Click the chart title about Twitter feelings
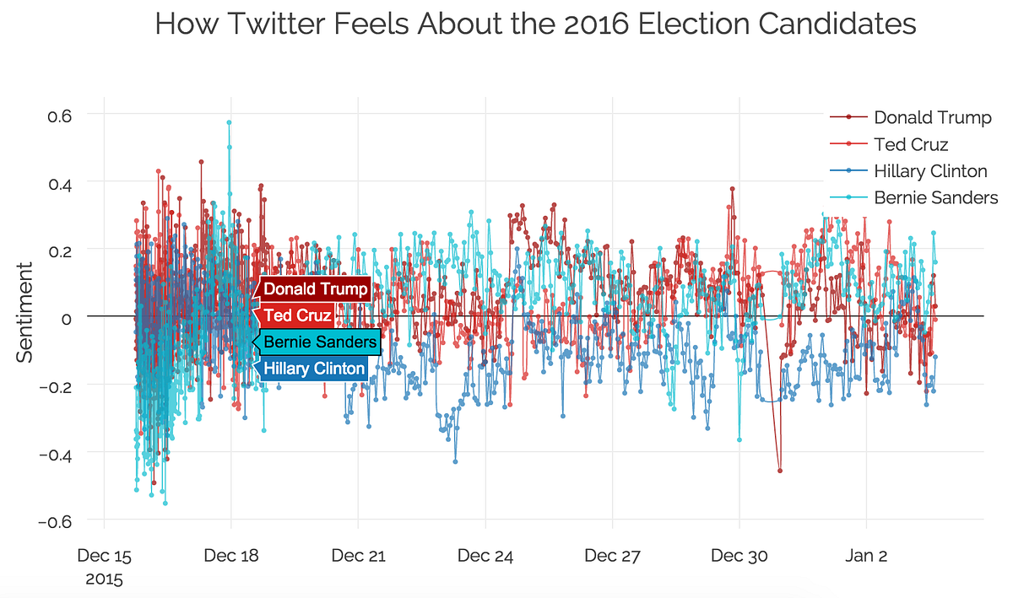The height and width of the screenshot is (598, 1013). pyautogui.click(x=535, y=24)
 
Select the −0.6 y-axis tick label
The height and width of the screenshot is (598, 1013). pyautogui.click(x=59, y=520)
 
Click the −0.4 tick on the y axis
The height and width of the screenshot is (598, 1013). pyautogui.click(x=59, y=453)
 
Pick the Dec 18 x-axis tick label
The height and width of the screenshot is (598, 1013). pyautogui.click(x=231, y=556)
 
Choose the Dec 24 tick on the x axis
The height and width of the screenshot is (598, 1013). pyautogui.click(x=485, y=556)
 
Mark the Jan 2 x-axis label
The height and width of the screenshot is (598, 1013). pyautogui.click(x=867, y=556)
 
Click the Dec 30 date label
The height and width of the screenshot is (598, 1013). pyautogui.click(x=739, y=556)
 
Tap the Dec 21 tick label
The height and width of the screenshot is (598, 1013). pyautogui.click(x=358, y=556)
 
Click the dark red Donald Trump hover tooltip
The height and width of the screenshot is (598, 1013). pyautogui.click(x=315, y=289)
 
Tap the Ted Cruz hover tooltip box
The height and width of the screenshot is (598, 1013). pyautogui.click(x=296, y=315)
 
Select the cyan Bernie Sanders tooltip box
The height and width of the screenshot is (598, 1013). pyautogui.click(x=320, y=342)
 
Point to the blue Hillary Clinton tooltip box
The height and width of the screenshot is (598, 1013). pyautogui.click(x=314, y=369)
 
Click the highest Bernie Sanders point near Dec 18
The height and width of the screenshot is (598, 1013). pyautogui.click(x=229, y=122)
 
